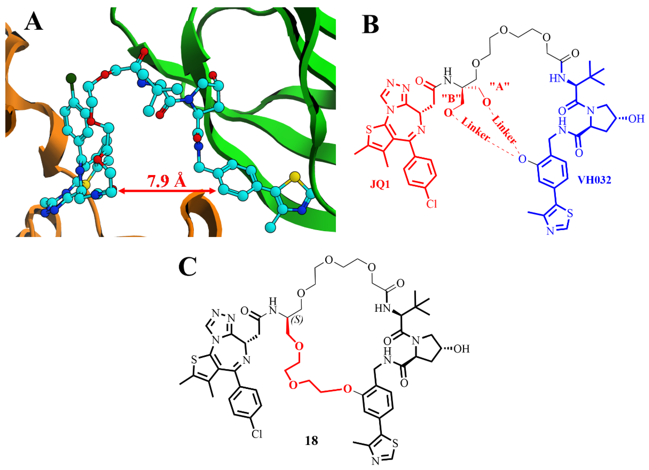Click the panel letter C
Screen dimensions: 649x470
187,266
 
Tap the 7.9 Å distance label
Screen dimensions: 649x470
167,181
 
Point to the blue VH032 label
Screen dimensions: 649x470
594,180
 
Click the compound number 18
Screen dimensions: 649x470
311,441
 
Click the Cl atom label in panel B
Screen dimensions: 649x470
432,204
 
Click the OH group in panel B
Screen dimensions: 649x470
636,119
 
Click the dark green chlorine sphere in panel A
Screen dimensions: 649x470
71,78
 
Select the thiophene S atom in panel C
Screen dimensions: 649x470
194,360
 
